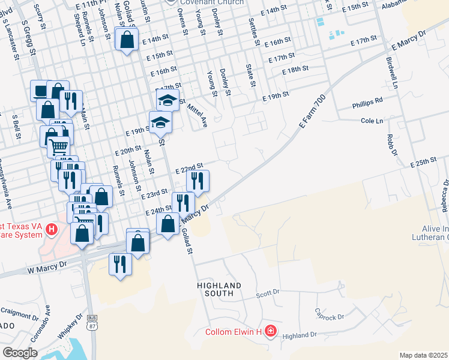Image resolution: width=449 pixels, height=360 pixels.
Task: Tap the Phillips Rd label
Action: (x=367, y=100)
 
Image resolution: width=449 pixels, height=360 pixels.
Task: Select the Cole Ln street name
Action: (x=372, y=121)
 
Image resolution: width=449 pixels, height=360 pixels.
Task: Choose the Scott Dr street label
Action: (x=268, y=293)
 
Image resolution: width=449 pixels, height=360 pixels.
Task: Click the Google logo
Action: (x=20, y=353)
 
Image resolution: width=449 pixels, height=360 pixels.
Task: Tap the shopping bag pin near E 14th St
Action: (x=127, y=41)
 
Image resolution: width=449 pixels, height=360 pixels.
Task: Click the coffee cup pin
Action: (x=40, y=91)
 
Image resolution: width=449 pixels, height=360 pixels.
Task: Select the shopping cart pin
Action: (x=58, y=146)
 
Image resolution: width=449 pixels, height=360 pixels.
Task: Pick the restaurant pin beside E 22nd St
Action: (x=197, y=179)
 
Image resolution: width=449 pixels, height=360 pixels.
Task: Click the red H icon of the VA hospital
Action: (x=52, y=229)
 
